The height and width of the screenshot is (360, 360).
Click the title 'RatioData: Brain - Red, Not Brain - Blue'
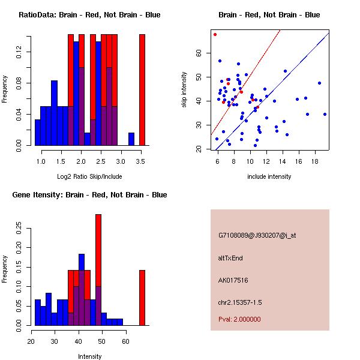click(89, 15)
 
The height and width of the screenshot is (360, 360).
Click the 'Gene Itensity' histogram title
click(89, 195)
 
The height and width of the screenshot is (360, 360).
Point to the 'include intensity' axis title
click(269, 176)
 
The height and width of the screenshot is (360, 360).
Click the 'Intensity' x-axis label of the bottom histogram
click(89, 356)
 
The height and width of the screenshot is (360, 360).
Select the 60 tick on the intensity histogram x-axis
click(125, 342)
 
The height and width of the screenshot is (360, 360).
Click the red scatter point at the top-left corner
click(215, 34)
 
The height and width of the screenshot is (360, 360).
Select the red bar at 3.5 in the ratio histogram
click(142, 90)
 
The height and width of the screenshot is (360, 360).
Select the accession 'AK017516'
click(233, 280)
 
